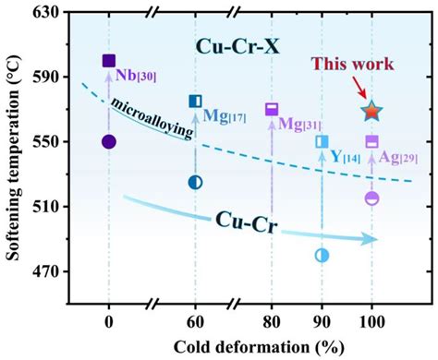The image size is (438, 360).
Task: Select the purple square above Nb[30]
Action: pyautogui.click(x=109, y=61)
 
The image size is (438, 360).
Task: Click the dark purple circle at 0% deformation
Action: pyautogui.click(x=109, y=141)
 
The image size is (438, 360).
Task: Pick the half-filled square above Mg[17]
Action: pyautogui.click(x=195, y=101)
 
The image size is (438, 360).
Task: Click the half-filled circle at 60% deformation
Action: pyautogui.click(x=195, y=182)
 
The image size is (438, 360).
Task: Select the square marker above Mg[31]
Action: pyautogui.click(x=272, y=109)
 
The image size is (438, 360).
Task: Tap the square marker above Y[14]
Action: pyautogui.click(x=322, y=141)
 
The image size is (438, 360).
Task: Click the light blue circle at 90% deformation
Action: pyautogui.click(x=322, y=255)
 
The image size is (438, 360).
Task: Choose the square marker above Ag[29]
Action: pyautogui.click(x=371, y=141)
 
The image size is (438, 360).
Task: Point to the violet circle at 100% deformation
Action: pyautogui.click(x=371, y=198)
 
